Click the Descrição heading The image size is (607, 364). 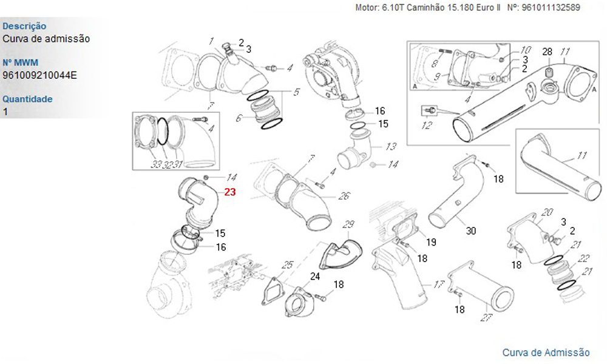pos(24,26)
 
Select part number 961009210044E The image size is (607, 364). pos(40,75)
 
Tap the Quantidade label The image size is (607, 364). pos(27,99)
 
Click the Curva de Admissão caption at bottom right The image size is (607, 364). pos(546,352)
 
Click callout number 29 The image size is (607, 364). pos(348,225)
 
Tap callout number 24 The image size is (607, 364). pos(315,277)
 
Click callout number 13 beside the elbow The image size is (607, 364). pos(391,146)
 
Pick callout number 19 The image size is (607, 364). pos(430,243)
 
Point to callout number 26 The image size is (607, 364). pos(344,196)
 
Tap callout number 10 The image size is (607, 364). pos(526,49)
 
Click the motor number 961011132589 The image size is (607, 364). pos(551,8)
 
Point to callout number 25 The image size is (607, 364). pos(288,265)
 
